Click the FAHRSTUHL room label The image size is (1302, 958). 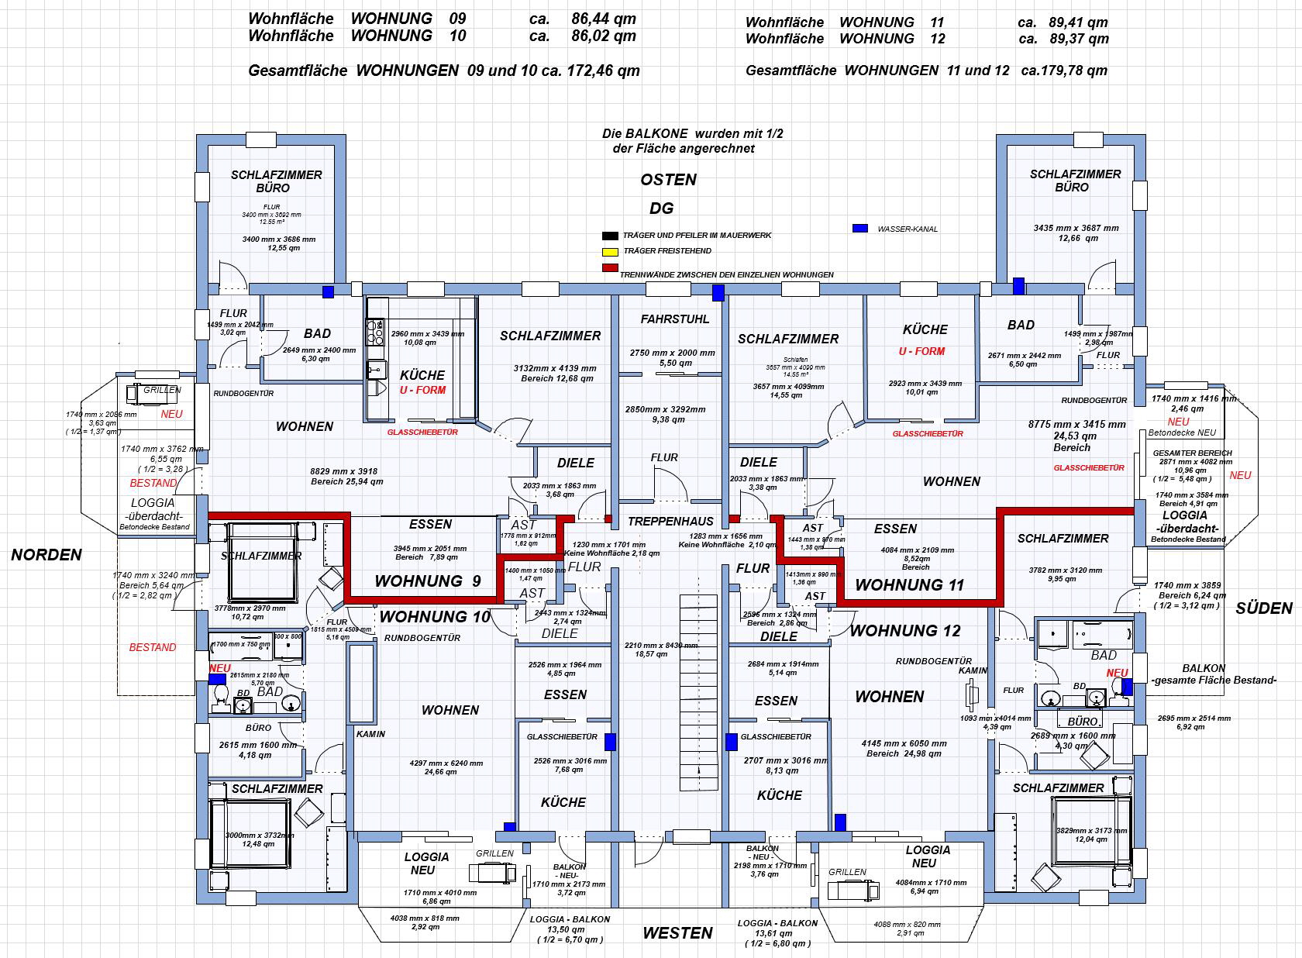(x=674, y=319)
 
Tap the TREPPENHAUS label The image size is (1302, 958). (x=670, y=522)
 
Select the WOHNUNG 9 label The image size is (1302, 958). (x=427, y=581)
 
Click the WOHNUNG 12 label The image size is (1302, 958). (x=904, y=630)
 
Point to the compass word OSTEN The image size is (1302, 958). (x=668, y=180)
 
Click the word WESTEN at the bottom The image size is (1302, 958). (x=677, y=933)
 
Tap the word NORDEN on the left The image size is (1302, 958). (x=46, y=554)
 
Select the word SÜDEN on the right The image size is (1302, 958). (x=1264, y=608)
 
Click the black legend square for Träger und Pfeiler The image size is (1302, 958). (x=609, y=236)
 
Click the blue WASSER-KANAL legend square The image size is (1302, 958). (x=859, y=229)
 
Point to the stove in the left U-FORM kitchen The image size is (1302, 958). (x=376, y=332)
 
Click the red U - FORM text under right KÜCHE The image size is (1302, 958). (x=921, y=351)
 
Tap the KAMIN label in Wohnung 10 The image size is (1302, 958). (x=370, y=733)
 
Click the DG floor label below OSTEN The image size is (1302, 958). (x=661, y=208)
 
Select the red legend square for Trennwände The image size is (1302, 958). (x=609, y=268)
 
